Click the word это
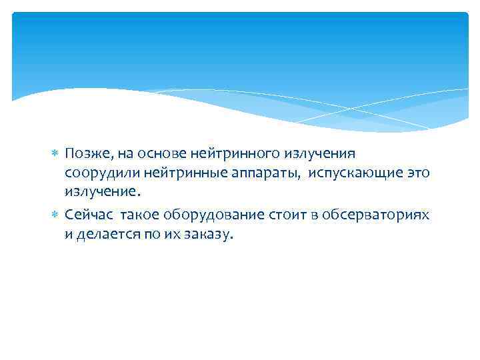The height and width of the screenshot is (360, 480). coord(417,173)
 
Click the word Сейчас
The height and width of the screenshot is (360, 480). coord(85,215)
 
